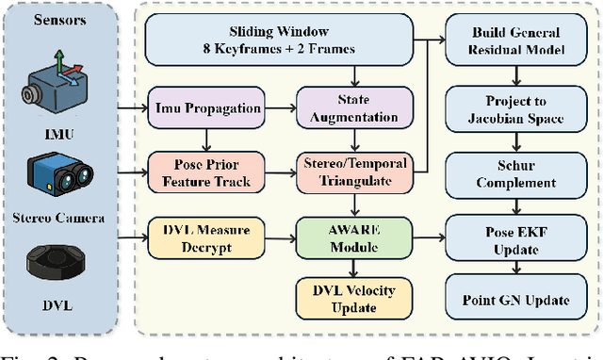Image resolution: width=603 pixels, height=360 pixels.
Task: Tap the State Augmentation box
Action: (x=354, y=107)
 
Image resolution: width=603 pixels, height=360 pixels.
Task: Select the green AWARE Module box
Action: (x=354, y=238)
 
